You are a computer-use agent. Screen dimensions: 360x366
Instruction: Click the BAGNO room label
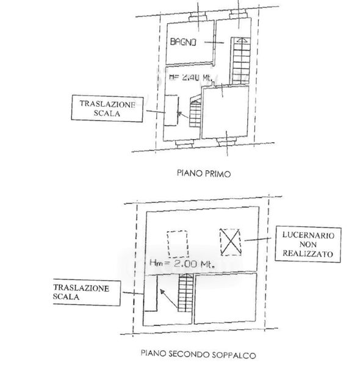pyautogui.click(x=183, y=42)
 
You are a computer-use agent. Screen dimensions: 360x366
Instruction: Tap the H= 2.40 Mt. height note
pyautogui.click(x=190, y=77)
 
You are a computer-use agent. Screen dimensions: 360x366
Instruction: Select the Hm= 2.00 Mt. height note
pyautogui.click(x=182, y=264)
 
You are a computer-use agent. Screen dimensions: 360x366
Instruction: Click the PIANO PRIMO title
pyautogui.click(x=204, y=173)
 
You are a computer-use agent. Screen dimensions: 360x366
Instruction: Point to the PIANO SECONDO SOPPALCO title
pyautogui.click(x=198, y=354)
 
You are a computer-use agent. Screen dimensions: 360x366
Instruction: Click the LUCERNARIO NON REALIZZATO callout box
pyautogui.click(x=308, y=245)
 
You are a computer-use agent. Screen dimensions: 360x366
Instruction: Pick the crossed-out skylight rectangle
pyautogui.click(x=231, y=242)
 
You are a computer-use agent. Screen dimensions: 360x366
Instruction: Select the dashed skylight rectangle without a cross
pyautogui.click(x=178, y=244)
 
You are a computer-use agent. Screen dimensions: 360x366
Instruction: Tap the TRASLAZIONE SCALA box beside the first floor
pyautogui.click(x=107, y=109)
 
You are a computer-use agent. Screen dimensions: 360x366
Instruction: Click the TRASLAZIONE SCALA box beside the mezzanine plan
pyautogui.click(x=87, y=292)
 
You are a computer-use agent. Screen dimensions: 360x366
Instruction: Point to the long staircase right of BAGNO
pyautogui.click(x=240, y=60)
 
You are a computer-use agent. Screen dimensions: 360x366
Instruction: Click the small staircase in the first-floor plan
pyautogui.click(x=195, y=111)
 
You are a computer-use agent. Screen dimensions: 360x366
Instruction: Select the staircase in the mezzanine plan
pyautogui.click(x=186, y=293)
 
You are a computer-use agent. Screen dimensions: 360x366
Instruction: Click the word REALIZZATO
pyautogui.click(x=308, y=254)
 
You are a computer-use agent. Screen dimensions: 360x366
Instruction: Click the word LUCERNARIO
pyautogui.click(x=308, y=235)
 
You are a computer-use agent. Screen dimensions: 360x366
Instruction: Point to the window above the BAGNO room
pyautogui.click(x=198, y=16)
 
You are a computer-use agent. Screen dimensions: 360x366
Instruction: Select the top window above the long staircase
pyautogui.click(x=238, y=14)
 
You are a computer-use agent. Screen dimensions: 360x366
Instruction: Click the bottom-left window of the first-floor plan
pyautogui.click(x=185, y=144)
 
